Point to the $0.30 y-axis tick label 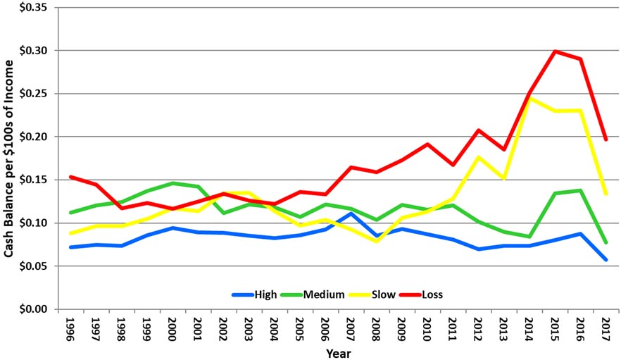click(x=34, y=51)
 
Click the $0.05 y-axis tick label click(x=34, y=266)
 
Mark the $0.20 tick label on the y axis click(x=34, y=137)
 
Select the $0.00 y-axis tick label click(x=34, y=309)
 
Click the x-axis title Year click(x=337, y=353)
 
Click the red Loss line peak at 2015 click(x=555, y=51)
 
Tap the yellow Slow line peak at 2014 click(x=529, y=98)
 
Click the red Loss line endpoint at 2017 click(x=605, y=139)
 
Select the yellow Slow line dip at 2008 click(x=377, y=241)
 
